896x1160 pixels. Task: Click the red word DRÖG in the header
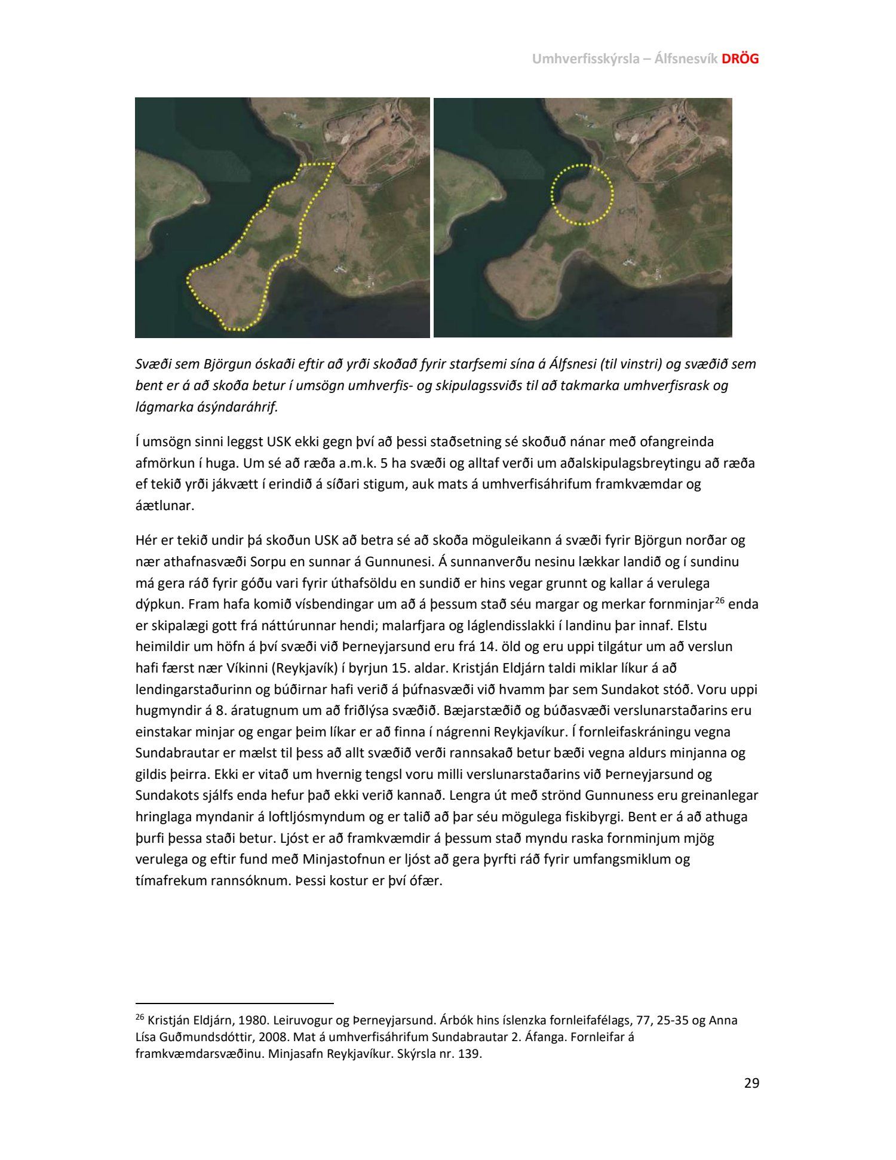click(741, 59)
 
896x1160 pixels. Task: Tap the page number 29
click(751, 1083)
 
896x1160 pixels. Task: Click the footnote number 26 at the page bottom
click(140, 1017)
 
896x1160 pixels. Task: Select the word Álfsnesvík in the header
click(686, 59)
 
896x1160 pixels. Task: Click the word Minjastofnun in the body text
click(340, 860)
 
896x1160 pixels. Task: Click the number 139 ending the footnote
click(469, 1054)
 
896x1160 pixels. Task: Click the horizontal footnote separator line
click(234, 1004)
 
